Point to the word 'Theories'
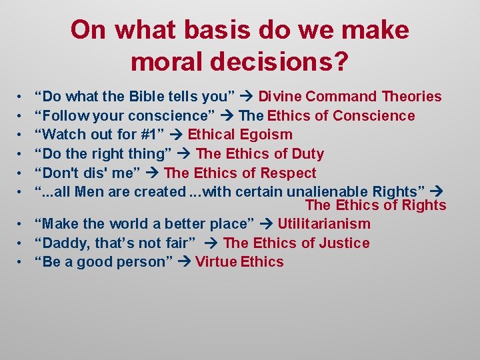coord(411,97)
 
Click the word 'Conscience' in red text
coord(373,116)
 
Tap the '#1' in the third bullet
coord(150,135)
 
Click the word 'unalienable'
coord(326,192)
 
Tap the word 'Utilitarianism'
coord(323,224)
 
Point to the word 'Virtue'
coord(217,262)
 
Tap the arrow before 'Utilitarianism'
coord(267,224)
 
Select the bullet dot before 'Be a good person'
coord(21,262)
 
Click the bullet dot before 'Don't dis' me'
coord(21,173)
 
